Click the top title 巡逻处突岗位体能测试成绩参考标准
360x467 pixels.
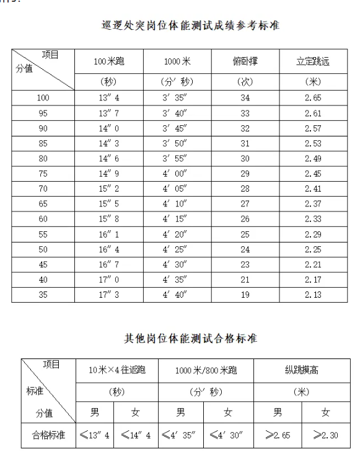pyautogui.click(x=191, y=26)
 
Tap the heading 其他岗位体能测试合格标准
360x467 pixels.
pyautogui.click(x=191, y=339)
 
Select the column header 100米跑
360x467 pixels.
pyautogui.click(x=108, y=61)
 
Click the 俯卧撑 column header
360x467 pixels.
pyautogui.click(x=245, y=61)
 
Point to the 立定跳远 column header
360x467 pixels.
pyautogui.click(x=314, y=61)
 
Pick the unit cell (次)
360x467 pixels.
pyautogui.click(x=245, y=82)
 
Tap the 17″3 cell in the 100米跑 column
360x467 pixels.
pyautogui.click(x=108, y=295)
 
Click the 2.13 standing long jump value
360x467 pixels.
pyautogui.click(x=314, y=295)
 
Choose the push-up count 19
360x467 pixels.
pyautogui.click(x=245, y=295)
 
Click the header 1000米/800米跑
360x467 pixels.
pyautogui.click(x=206, y=371)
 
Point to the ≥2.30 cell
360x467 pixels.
pyautogui.click(x=325, y=435)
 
